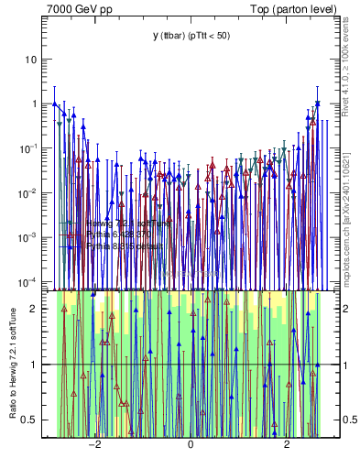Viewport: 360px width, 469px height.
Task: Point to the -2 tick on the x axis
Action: point(93,445)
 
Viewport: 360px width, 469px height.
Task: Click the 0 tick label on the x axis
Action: point(191,445)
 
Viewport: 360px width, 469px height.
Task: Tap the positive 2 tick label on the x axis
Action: point(287,445)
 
